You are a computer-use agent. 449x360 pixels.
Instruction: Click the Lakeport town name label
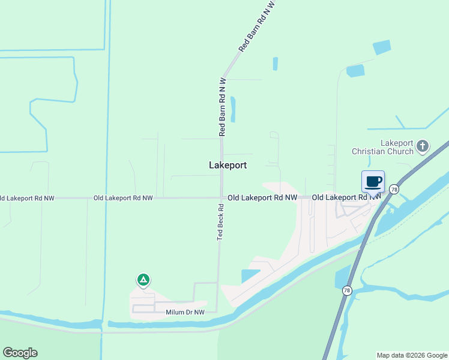pyautogui.click(x=228, y=164)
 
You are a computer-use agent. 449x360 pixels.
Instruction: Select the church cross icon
pyautogui.click(x=423, y=146)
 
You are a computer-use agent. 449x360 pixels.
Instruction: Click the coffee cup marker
pyautogui.click(x=373, y=181)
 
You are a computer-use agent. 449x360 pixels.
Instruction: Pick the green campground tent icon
pyautogui.click(x=143, y=280)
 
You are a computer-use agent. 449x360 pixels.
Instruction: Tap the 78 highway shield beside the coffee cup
pyautogui.click(x=394, y=189)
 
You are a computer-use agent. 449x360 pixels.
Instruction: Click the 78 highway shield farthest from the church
pyautogui.click(x=346, y=290)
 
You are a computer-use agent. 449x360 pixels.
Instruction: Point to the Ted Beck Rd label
pyautogui.click(x=221, y=223)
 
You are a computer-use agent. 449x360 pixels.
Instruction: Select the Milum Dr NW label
pyautogui.click(x=185, y=312)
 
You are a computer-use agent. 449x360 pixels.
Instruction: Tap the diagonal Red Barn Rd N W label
pyautogui.click(x=252, y=29)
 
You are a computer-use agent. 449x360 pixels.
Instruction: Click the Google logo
pyautogui.click(x=20, y=353)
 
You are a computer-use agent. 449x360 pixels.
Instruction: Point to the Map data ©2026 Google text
pyautogui.click(x=412, y=355)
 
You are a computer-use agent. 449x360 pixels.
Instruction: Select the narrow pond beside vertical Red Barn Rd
pyautogui.click(x=234, y=109)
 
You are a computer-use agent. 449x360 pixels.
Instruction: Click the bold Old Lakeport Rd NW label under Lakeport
pyautogui.click(x=262, y=197)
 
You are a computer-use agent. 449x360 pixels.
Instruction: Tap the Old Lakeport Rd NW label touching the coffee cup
pyautogui.click(x=346, y=197)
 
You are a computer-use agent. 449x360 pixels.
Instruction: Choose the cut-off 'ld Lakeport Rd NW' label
pyautogui.click(x=27, y=197)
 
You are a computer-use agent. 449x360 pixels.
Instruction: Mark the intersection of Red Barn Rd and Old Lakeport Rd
pyautogui.click(x=221, y=197)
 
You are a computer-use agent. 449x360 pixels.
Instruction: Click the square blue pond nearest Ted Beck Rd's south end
pyautogui.click(x=250, y=276)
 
